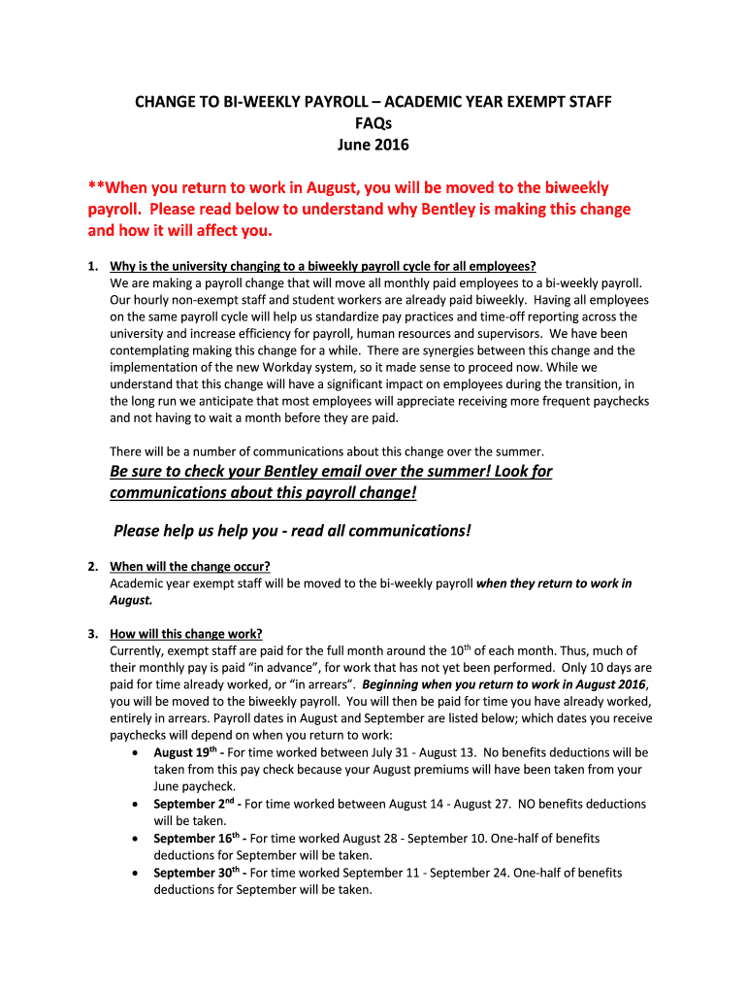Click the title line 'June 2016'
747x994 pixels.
373,146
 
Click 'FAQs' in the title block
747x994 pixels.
373,123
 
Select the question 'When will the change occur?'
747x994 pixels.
190,567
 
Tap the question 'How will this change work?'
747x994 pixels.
186,634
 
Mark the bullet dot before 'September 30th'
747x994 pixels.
133,874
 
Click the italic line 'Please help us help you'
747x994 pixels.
292,530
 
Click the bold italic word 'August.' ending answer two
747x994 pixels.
131,600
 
